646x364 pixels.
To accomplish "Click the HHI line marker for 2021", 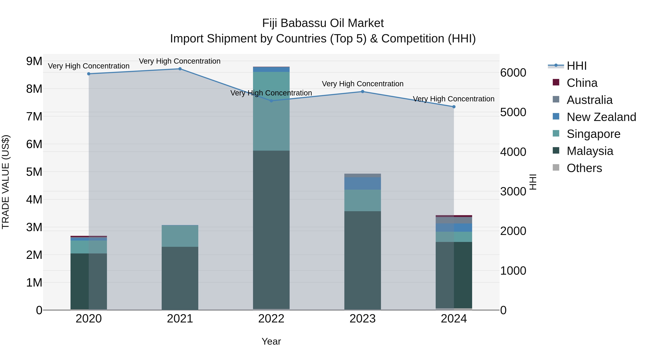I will (x=180, y=69).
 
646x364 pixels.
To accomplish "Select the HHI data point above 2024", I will (x=454, y=107).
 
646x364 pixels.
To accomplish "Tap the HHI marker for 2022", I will (x=271, y=101).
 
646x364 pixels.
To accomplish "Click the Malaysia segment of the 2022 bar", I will (x=271, y=230).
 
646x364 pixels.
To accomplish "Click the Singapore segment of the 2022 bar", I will (x=271, y=111).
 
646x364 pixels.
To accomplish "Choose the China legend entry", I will (x=582, y=83).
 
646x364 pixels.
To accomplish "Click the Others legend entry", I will (x=584, y=168).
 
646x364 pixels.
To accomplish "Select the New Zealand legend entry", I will (x=601, y=117).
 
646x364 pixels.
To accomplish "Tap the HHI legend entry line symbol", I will (x=556, y=66).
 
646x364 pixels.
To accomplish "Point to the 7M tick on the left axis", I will (x=34, y=116).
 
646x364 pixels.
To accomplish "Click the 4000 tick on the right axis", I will (x=513, y=152).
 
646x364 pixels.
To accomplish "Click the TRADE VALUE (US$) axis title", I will (x=6, y=182).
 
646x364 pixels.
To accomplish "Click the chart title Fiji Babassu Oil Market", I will (x=323, y=23).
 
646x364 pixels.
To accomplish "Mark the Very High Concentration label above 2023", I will (x=362, y=84).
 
